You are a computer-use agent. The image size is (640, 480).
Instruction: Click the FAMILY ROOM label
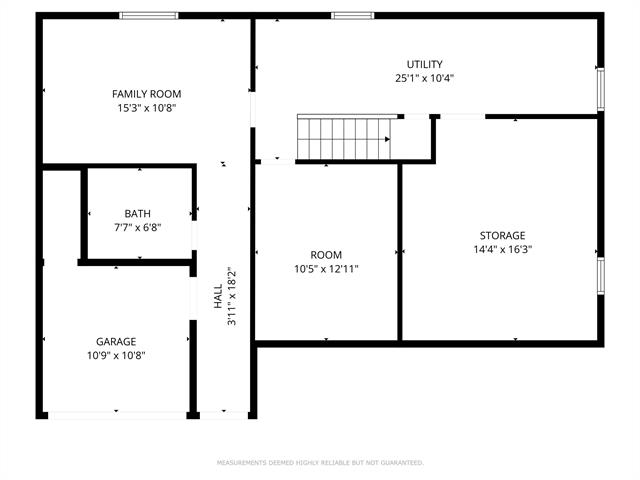[x=146, y=94]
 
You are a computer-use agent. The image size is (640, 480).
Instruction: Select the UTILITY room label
[x=424, y=64]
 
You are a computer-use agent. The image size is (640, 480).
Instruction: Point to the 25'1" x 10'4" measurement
[x=424, y=78]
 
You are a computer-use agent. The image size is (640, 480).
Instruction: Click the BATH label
[x=138, y=213]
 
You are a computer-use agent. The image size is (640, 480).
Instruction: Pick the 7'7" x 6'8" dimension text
[x=138, y=227]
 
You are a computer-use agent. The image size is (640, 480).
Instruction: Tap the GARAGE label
[x=116, y=341]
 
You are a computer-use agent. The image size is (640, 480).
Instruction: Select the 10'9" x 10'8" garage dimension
[x=116, y=355]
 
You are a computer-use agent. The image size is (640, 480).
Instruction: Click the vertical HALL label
[x=219, y=297]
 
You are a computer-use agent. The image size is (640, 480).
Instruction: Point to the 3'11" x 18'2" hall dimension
[x=231, y=297]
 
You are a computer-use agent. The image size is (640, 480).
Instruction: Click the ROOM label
[x=326, y=255]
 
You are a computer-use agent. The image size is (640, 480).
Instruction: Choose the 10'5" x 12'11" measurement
[x=326, y=269]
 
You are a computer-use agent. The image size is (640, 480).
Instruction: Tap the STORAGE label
[x=502, y=236]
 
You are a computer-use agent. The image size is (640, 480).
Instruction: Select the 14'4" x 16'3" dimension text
[x=502, y=250]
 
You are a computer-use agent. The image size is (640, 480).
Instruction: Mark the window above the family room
[x=148, y=15]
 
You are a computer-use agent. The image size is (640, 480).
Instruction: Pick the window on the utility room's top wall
[x=352, y=15]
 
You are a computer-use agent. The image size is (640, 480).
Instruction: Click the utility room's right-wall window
[x=601, y=88]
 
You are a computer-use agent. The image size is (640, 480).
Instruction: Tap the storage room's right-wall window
[x=601, y=276]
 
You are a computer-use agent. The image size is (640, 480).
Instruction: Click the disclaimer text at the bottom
[x=320, y=463]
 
